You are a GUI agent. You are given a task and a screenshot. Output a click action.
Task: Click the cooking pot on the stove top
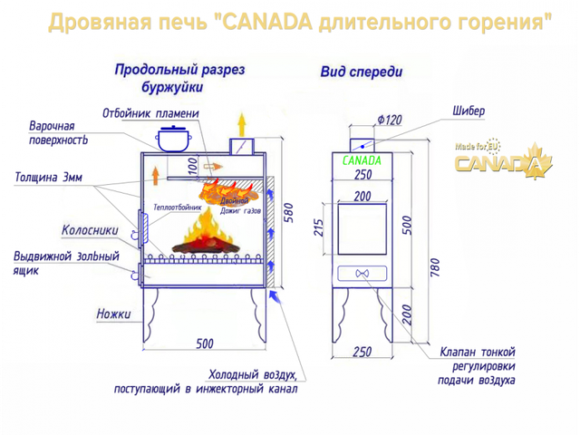pos(173,139)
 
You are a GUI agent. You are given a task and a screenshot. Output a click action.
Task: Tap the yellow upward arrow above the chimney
pos(242,124)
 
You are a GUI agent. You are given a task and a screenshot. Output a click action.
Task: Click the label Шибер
pos(469,111)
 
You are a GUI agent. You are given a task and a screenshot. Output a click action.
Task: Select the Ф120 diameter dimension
pos(390,120)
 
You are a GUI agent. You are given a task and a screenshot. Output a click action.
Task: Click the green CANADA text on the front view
pos(362,160)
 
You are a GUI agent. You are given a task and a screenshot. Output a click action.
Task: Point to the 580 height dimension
pos(288,213)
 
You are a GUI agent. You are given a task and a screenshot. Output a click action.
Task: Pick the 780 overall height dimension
pos(435,267)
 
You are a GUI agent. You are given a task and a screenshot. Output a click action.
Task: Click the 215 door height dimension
pos(318,227)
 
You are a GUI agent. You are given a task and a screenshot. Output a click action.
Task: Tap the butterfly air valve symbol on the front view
pos(362,274)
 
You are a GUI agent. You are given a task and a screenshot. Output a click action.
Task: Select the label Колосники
pos(90,230)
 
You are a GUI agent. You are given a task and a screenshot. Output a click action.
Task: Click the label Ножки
pos(113,314)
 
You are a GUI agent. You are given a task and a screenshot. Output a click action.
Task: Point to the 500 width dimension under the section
pos(205,343)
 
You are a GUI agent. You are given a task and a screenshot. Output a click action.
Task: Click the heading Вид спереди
pos(362,72)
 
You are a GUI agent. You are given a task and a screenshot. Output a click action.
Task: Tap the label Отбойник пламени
pos(150,113)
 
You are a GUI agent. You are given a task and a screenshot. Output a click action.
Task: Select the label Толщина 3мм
pos(48,178)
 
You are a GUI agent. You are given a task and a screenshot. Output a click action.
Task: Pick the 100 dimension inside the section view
pos(193,167)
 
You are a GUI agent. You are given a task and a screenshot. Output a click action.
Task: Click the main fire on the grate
pos(206,233)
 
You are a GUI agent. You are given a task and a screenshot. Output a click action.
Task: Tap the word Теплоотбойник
pos(178,208)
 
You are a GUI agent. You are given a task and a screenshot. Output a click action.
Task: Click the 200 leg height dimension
pos(407,314)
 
